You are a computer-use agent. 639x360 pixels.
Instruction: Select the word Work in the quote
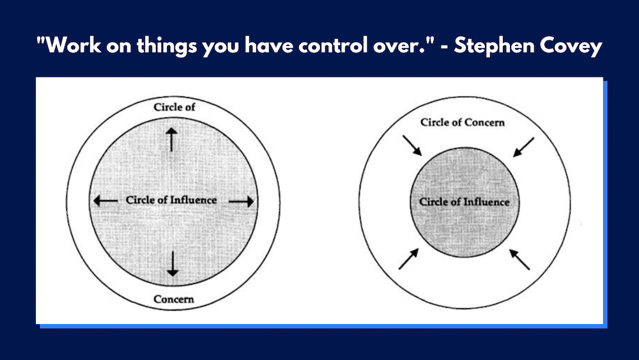point(73,45)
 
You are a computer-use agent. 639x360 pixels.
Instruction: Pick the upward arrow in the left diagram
point(171,139)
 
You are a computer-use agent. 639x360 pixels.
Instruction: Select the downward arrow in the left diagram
point(173,264)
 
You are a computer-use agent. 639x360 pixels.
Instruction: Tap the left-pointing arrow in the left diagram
point(105,201)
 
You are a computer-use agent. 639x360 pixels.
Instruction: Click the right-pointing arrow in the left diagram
point(242,201)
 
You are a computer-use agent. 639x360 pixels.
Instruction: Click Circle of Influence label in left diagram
point(171,200)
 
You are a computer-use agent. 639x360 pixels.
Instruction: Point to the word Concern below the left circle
point(174,299)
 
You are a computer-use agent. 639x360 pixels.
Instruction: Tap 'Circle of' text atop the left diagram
point(174,107)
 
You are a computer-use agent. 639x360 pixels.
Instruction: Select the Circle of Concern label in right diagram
point(463,122)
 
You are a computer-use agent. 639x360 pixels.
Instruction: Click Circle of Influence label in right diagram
point(465,202)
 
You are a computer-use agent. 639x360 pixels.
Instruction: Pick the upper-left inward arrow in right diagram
point(412,146)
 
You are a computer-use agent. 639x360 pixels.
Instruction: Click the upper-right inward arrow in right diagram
point(523,147)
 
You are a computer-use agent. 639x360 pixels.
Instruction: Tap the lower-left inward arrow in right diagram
point(409,259)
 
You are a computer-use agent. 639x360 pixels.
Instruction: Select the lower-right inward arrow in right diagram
point(520,260)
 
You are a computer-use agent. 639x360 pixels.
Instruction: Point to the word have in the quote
point(268,45)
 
